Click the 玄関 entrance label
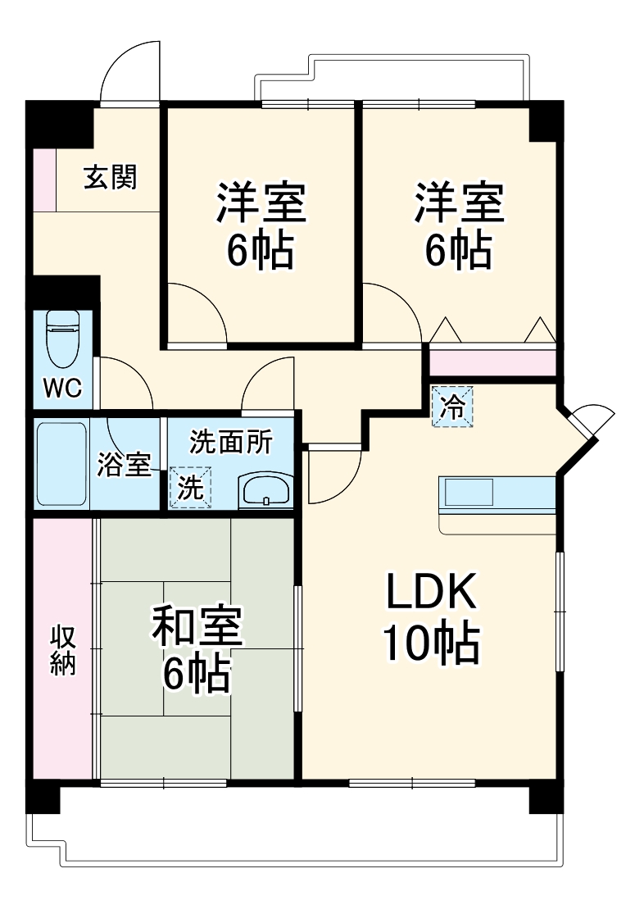pos(110,177)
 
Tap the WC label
pos(62,388)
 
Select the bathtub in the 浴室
pos(62,464)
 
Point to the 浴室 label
pos(124,464)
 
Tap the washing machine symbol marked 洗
pos(190,487)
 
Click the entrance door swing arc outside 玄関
pos(125,72)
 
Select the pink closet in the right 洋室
pos(492,362)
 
